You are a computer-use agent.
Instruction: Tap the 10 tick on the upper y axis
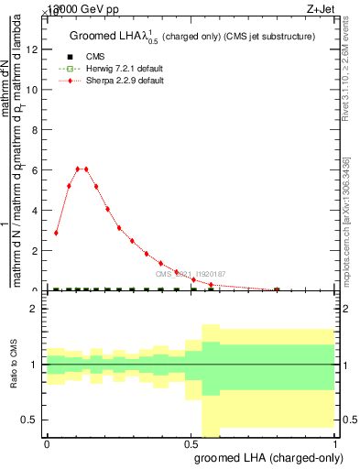[35, 90]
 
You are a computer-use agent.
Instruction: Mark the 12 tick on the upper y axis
[35, 49]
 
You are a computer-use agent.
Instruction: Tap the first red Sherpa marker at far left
[57, 233]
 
